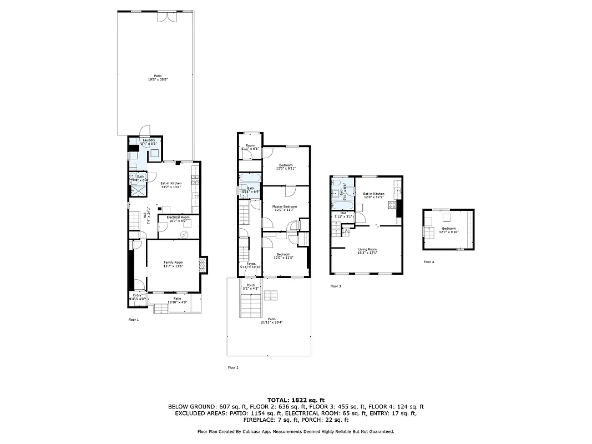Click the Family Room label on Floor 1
click(x=173, y=264)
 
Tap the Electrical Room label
click(x=178, y=219)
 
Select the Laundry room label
click(x=148, y=142)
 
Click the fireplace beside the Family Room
click(x=203, y=265)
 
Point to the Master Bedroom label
click(x=284, y=208)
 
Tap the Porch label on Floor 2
click(x=250, y=286)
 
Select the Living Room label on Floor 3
click(x=367, y=251)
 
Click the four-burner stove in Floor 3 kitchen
click(x=392, y=205)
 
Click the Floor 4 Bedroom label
click(x=448, y=230)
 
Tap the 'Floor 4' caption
click(x=428, y=261)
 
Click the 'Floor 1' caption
click(x=133, y=320)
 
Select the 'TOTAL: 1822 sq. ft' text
click(x=296, y=400)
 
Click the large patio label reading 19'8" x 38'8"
click(x=158, y=78)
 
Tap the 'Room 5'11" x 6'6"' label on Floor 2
click(x=250, y=147)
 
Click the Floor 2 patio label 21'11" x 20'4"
click(x=271, y=320)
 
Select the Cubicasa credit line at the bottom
click(x=296, y=431)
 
